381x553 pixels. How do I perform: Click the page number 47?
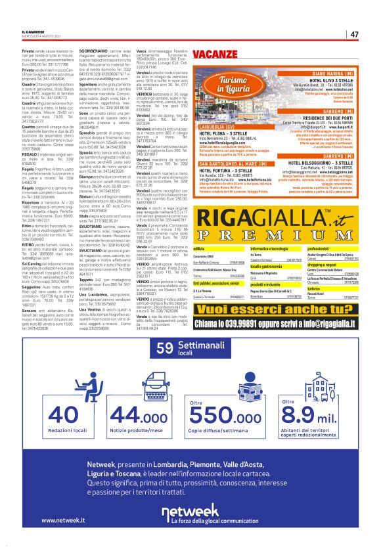[354, 34]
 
